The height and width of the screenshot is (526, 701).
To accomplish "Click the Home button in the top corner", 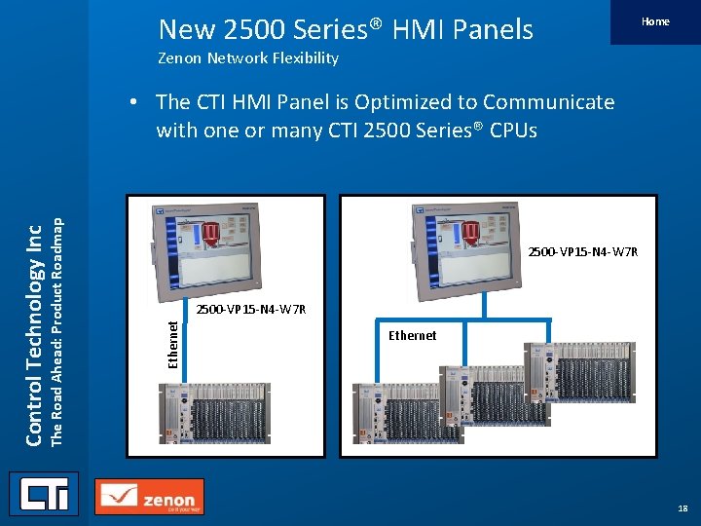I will pos(655,22).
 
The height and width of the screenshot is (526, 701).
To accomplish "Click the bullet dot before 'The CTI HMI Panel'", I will pos(141,102).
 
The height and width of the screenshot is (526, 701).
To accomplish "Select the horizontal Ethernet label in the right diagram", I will pos(413,335).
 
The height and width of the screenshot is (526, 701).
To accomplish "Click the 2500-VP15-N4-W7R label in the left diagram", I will pos(251,310).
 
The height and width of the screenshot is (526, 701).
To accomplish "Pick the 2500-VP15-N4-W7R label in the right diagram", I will pos(582,252).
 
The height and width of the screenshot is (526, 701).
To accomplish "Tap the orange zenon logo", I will pos(150,497).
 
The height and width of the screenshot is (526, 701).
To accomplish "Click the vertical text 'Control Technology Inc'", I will pos(33,331).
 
